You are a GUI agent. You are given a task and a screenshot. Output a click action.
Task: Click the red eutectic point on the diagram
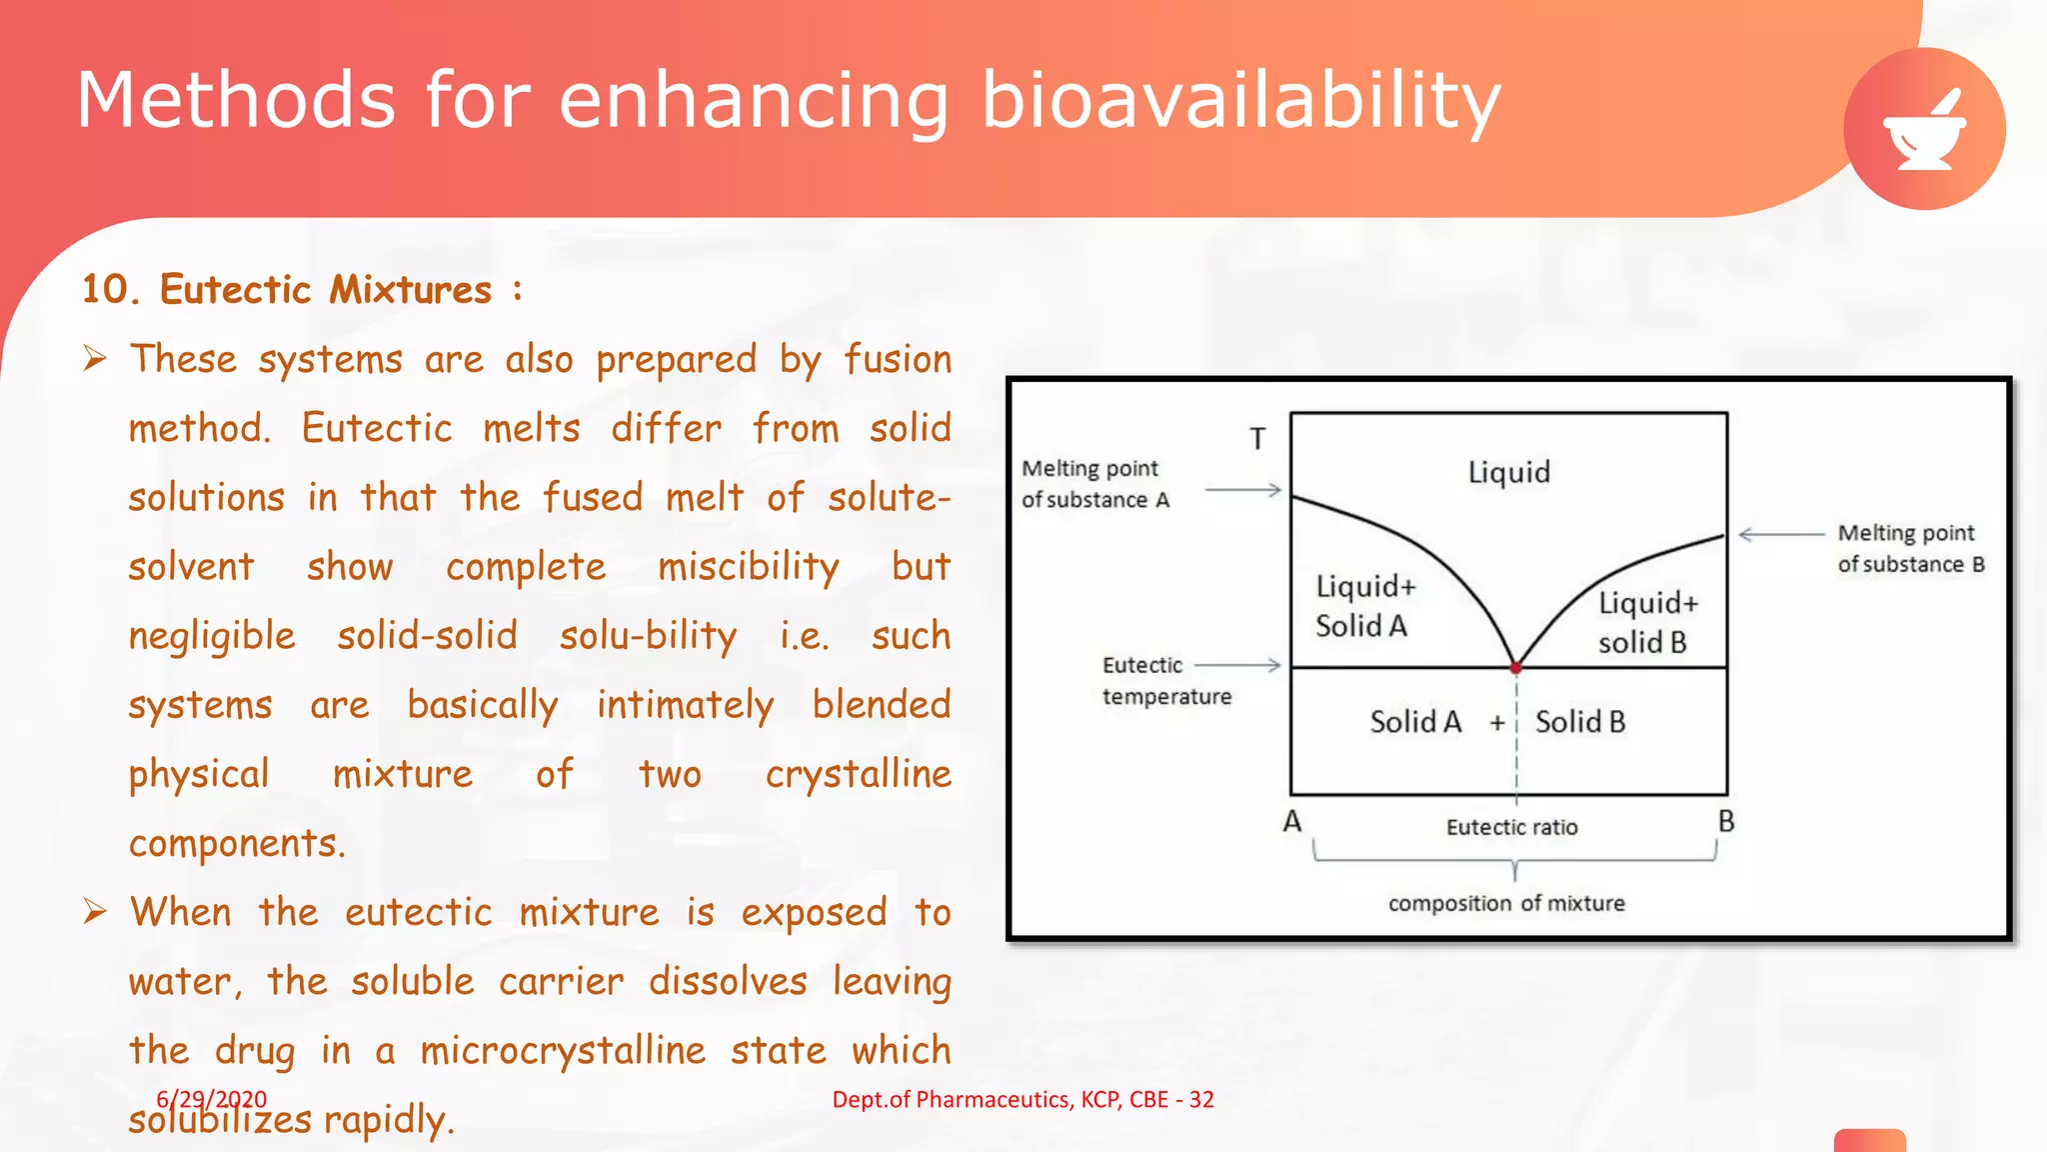[x=1515, y=667]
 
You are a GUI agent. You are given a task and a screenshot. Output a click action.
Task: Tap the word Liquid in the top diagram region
[x=1508, y=472]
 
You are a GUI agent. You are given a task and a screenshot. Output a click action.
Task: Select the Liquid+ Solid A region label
[x=1363, y=606]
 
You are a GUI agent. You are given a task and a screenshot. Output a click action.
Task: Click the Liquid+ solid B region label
[x=1646, y=622]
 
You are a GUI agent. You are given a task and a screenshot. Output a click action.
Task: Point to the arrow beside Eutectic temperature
[x=1237, y=665]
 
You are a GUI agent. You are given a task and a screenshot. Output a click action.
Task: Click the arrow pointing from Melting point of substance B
[x=1781, y=534]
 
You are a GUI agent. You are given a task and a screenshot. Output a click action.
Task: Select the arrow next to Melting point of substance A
[x=1242, y=490]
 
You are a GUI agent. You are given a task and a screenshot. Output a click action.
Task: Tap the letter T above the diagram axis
[x=1257, y=439]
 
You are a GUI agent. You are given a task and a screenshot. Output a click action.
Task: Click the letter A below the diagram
[x=1291, y=822]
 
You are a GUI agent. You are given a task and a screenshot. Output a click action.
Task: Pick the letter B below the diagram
[x=1726, y=822]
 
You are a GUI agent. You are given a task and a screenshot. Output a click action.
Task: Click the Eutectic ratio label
[x=1511, y=827]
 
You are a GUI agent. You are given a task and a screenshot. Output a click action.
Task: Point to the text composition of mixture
[x=1506, y=903]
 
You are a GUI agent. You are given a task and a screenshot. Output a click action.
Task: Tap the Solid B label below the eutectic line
[x=1579, y=722]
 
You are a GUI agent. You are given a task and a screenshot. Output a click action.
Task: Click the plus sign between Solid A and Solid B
[x=1496, y=723]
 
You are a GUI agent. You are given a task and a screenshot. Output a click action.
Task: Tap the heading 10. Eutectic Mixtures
[x=300, y=290]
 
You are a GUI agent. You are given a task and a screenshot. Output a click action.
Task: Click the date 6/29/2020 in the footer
[x=211, y=1099]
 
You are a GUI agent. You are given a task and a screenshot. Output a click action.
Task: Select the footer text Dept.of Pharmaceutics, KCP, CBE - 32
[x=1023, y=1099]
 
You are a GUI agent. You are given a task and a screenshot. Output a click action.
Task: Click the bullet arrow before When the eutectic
[x=95, y=911]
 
